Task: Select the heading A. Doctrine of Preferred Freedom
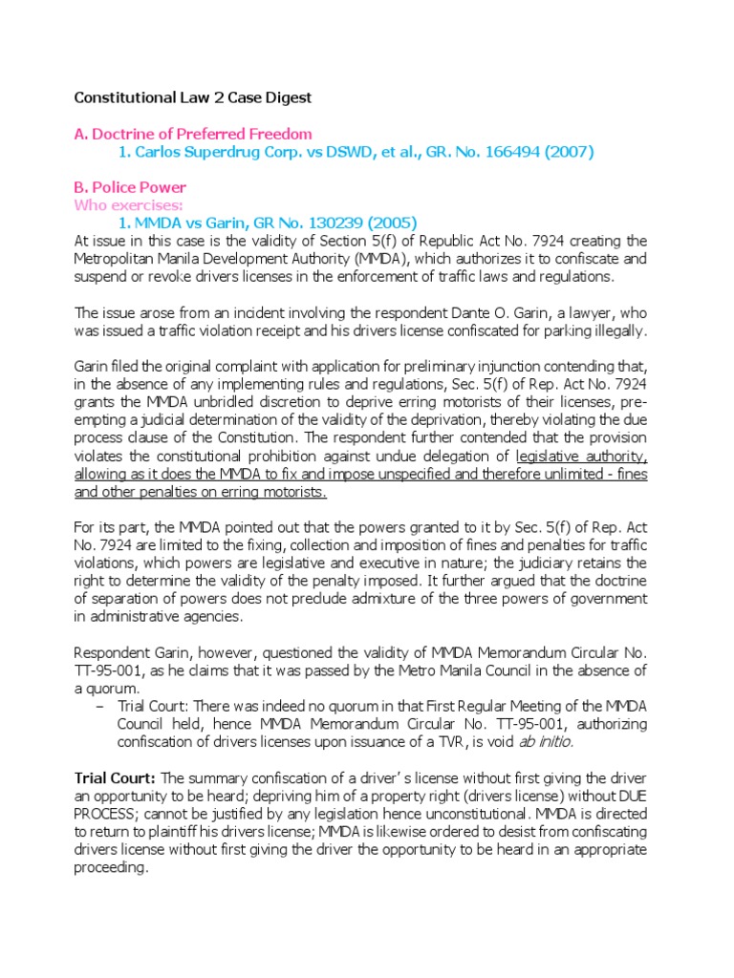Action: pos(193,134)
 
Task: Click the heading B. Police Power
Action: pos(130,187)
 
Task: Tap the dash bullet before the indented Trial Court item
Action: pos(100,706)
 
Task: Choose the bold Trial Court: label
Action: pos(117,777)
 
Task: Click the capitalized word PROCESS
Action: pos(109,814)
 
